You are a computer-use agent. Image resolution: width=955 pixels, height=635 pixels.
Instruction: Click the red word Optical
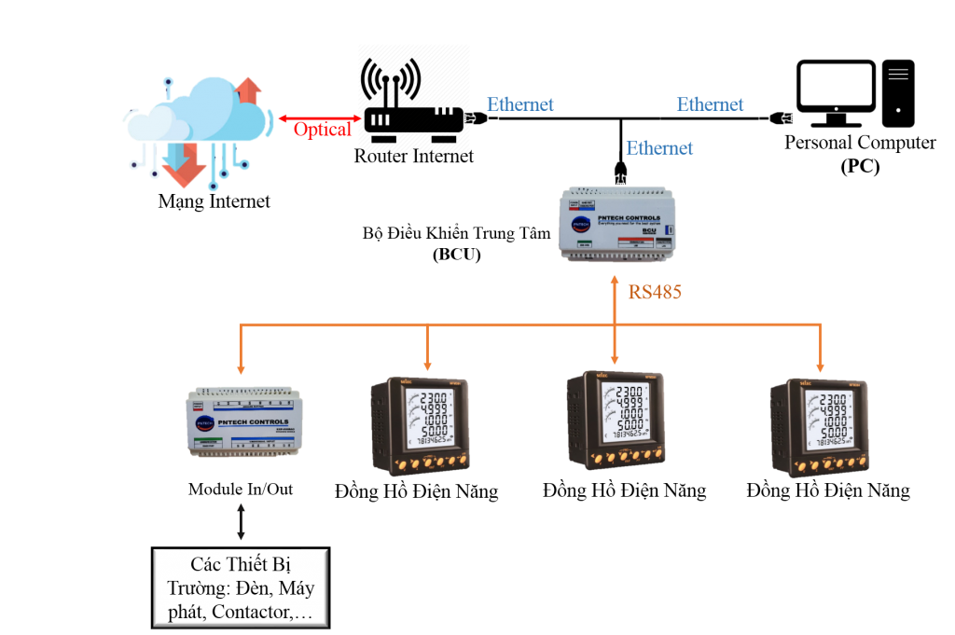click(x=322, y=130)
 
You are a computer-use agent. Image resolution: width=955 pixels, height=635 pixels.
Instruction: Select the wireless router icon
click(x=414, y=101)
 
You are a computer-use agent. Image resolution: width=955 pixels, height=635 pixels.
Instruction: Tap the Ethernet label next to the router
click(x=520, y=104)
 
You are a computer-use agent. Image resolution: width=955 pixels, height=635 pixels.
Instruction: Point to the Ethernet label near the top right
click(x=710, y=104)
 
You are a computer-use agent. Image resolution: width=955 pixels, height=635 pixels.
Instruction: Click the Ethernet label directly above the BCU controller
click(x=659, y=148)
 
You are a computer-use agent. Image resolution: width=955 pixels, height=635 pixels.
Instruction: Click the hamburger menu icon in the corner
click(x=898, y=75)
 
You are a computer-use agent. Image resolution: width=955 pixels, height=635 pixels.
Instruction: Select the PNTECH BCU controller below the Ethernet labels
click(x=617, y=224)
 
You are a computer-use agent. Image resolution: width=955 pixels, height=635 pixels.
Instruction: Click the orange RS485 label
click(x=655, y=293)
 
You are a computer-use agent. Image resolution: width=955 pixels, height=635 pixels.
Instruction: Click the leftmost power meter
click(x=420, y=425)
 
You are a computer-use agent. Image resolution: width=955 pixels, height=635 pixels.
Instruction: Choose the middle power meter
click(x=616, y=420)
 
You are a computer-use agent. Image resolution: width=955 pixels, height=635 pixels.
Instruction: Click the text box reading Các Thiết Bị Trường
click(x=241, y=588)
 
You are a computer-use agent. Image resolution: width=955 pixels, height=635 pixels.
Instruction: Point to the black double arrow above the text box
click(x=241, y=522)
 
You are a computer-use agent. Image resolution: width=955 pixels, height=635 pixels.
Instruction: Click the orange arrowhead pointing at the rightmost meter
click(x=821, y=366)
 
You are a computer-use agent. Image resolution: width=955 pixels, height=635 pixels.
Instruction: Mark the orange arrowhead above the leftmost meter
click(x=428, y=366)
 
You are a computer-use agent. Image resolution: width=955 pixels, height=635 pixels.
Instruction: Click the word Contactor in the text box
click(x=252, y=613)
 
